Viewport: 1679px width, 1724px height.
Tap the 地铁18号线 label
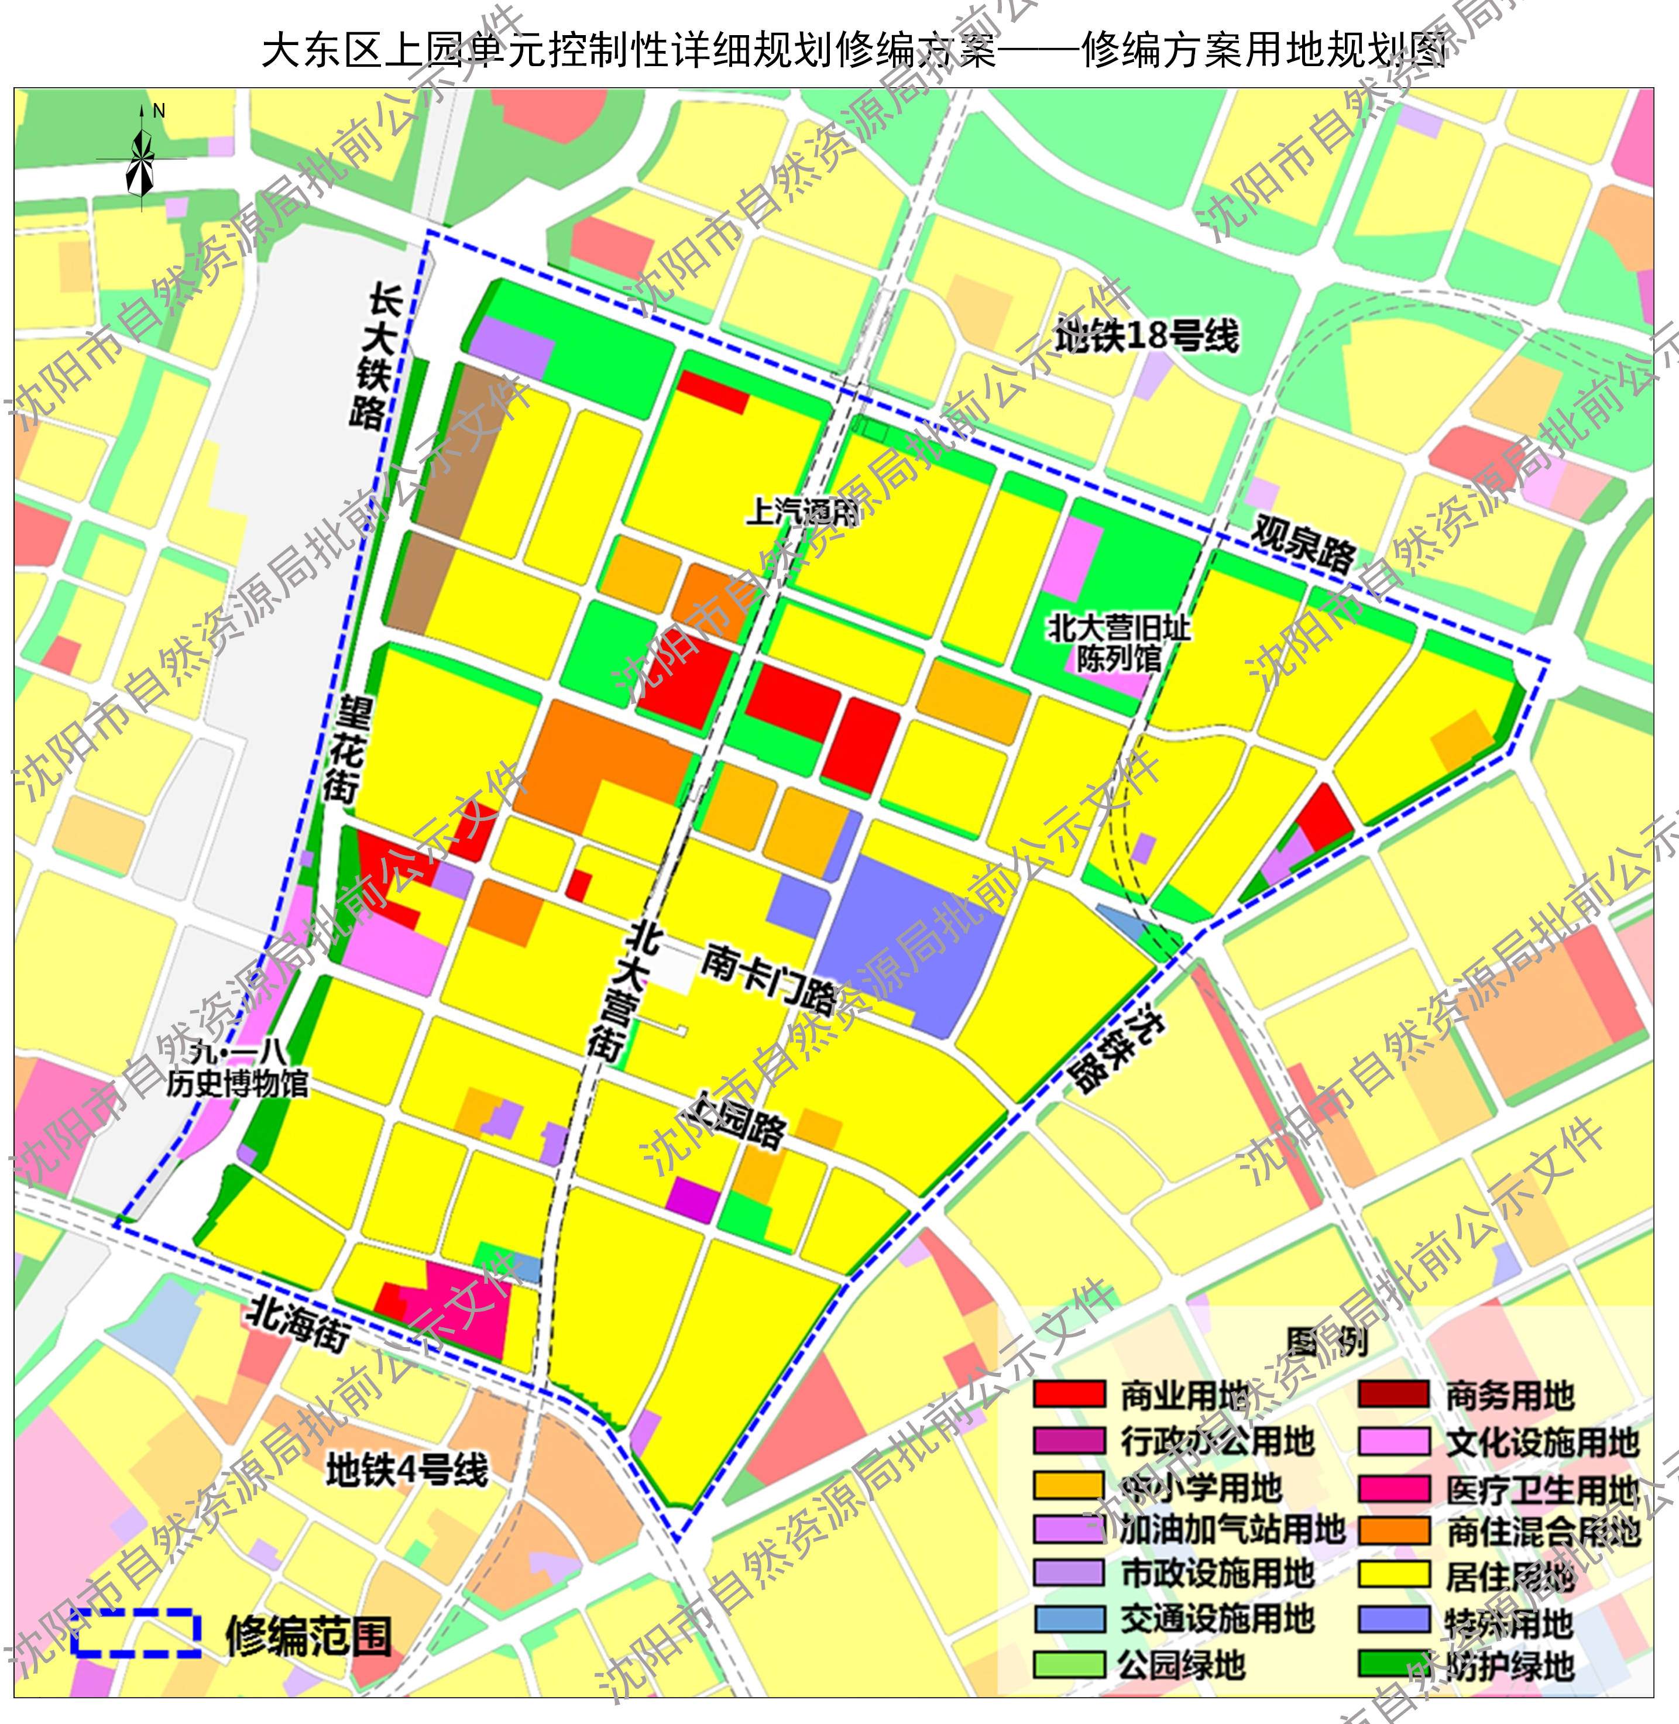click(1146, 336)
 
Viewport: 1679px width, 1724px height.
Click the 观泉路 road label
click(1303, 545)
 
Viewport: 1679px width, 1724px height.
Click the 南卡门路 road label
click(768, 978)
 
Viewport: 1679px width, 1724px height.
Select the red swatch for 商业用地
click(1069, 1394)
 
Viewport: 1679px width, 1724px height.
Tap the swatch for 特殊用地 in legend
click(1393, 1620)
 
